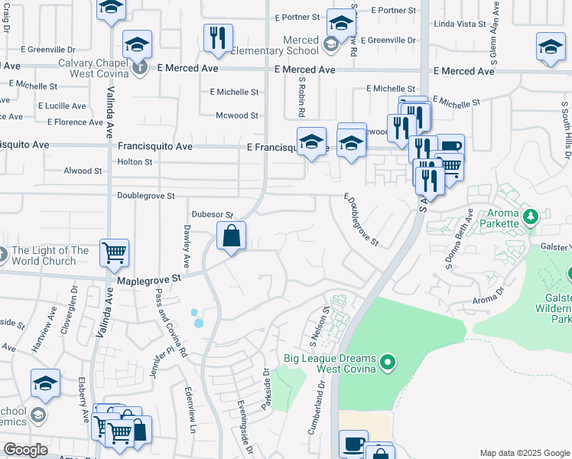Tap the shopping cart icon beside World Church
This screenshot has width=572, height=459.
point(114,252)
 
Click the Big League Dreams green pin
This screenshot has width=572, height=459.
point(388,361)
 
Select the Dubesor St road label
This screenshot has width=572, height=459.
point(211,215)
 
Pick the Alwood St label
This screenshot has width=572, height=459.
point(83,171)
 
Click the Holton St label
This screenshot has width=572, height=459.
point(135,162)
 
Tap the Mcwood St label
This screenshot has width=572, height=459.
point(236,116)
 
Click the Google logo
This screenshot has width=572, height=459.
point(25,450)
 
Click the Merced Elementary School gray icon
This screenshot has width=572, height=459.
point(330,45)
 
